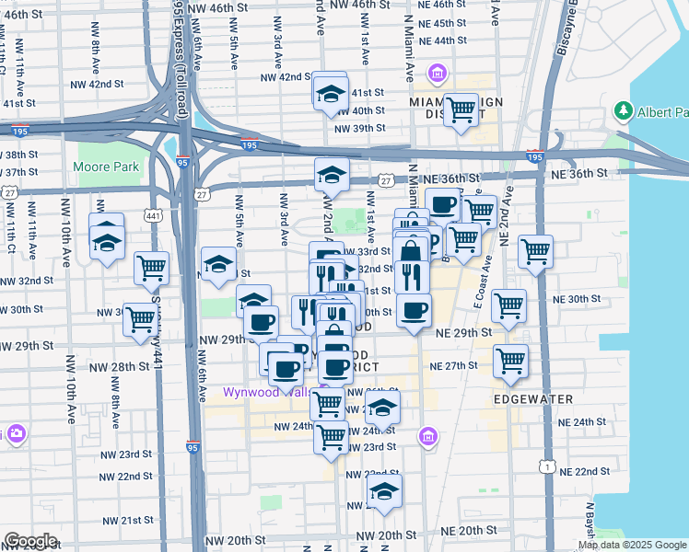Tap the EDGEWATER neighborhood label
coord(532,399)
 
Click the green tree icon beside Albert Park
coord(623,111)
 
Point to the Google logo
coord(30,541)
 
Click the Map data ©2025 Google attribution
coord(632,545)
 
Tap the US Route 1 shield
coord(549,468)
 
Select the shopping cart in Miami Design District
coord(461,110)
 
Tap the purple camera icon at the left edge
coord(5,433)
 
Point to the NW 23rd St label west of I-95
coord(127,454)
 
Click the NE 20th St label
coord(466,531)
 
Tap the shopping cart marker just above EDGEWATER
coord(510,361)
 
